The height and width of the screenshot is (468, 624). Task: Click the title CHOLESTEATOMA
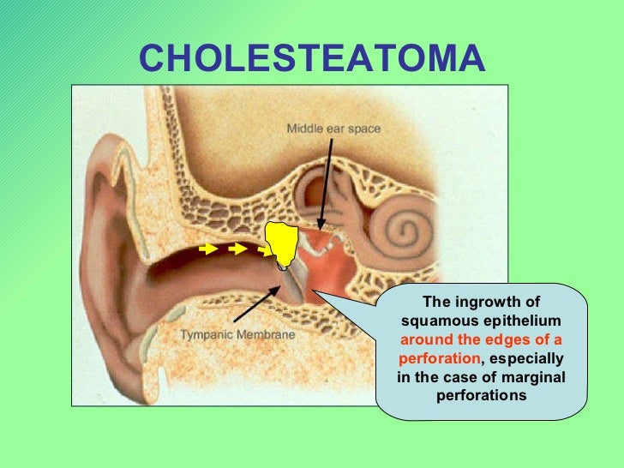point(311,59)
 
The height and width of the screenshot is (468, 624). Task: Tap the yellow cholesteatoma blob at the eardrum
point(280,243)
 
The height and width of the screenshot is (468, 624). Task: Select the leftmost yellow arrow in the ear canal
point(207,249)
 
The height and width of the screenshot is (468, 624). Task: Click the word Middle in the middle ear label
point(303,129)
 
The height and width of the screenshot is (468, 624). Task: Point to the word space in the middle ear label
point(363,129)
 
